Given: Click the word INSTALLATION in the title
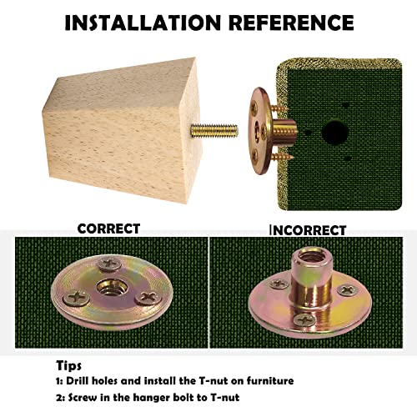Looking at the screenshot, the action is [x=143, y=23].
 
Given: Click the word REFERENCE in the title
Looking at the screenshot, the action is [x=291, y=23].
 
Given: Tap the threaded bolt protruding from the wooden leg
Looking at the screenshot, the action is [x=214, y=131].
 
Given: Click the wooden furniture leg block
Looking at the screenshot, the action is [x=123, y=129].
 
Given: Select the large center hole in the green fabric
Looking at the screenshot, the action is [x=335, y=132].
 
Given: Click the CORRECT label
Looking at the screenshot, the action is [x=108, y=229].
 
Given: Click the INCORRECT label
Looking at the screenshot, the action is [x=308, y=230].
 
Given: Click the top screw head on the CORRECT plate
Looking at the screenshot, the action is [x=109, y=264].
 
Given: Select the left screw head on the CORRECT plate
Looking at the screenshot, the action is [x=76, y=298].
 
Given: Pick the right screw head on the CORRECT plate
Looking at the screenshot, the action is [x=148, y=298].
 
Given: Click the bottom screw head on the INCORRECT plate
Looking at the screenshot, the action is [x=305, y=320].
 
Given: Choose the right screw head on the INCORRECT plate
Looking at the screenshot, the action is [x=348, y=290].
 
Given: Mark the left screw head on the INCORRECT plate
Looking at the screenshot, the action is [x=279, y=284].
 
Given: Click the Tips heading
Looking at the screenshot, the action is [x=68, y=365].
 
